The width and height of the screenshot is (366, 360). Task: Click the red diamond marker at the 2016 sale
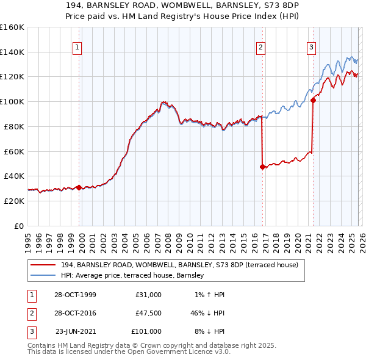262,166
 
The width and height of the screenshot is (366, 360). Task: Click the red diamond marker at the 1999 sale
79,187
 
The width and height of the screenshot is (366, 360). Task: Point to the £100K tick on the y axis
12,101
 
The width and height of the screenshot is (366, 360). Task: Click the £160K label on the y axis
12,27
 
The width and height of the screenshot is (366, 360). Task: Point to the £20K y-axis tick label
15,201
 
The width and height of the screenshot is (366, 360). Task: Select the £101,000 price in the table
146,331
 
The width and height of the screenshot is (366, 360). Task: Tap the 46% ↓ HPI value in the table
207,313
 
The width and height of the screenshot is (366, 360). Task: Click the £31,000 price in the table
148,295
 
